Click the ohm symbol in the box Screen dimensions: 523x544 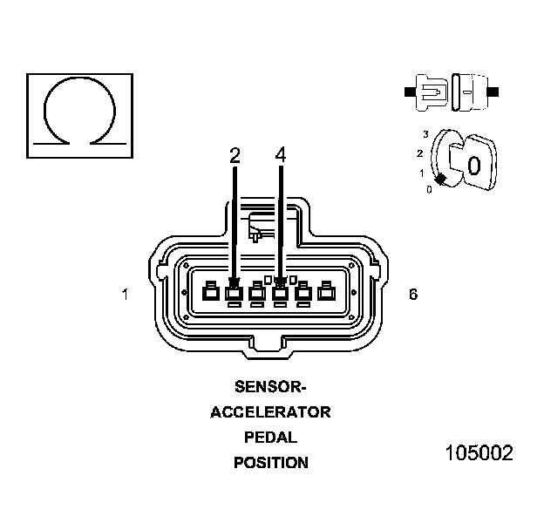(x=80, y=111)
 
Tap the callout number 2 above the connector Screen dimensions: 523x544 (x=235, y=155)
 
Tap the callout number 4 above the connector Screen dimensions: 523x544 (x=280, y=155)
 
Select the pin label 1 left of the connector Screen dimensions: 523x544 (x=126, y=295)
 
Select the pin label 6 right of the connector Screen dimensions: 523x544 (x=412, y=295)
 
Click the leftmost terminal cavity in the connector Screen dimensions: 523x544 (x=210, y=293)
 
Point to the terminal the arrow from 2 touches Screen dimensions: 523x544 (x=234, y=293)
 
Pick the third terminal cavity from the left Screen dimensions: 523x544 (x=257, y=293)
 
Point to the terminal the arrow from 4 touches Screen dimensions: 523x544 (x=280, y=293)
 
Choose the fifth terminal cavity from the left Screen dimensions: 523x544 (x=303, y=293)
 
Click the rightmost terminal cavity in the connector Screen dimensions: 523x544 (x=326, y=293)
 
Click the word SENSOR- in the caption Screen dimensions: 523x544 (x=270, y=387)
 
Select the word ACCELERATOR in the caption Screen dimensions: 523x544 (x=270, y=412)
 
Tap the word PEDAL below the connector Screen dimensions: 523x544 (x=270, y=438)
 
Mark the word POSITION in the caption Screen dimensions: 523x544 (x=270, y=463)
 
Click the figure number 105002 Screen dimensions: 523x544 (x=479, y=453)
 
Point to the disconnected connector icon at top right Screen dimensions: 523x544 (x=451, y=90)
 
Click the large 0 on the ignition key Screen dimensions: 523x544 (x=473, y=165)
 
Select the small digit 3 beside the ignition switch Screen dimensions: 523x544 (x=425, y=133)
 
